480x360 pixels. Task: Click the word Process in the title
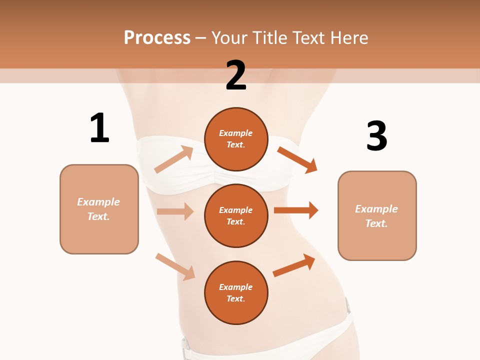click(x=157, y=37)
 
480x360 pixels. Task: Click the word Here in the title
click(x=349, y=37)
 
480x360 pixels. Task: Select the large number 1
click(x=99, y=128)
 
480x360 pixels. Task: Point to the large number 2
click(x=236, y=75)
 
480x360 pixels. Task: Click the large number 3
click(x=376, y=136)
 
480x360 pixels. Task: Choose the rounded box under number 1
click(x=99, y=209)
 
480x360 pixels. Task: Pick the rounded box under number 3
click(x=377, y=215)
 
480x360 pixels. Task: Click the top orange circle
click(x=236, y=139)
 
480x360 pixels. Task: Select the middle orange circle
click(x=236, y=215)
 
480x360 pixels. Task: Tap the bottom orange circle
click(x=236, y=292)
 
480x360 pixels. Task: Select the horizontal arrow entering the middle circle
click(x=175, y=211)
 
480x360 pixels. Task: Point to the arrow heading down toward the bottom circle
click(x=175, y=266)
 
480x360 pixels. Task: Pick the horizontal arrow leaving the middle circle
click(x=295, y=210)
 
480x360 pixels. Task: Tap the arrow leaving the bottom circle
click(x=294, y=265)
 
